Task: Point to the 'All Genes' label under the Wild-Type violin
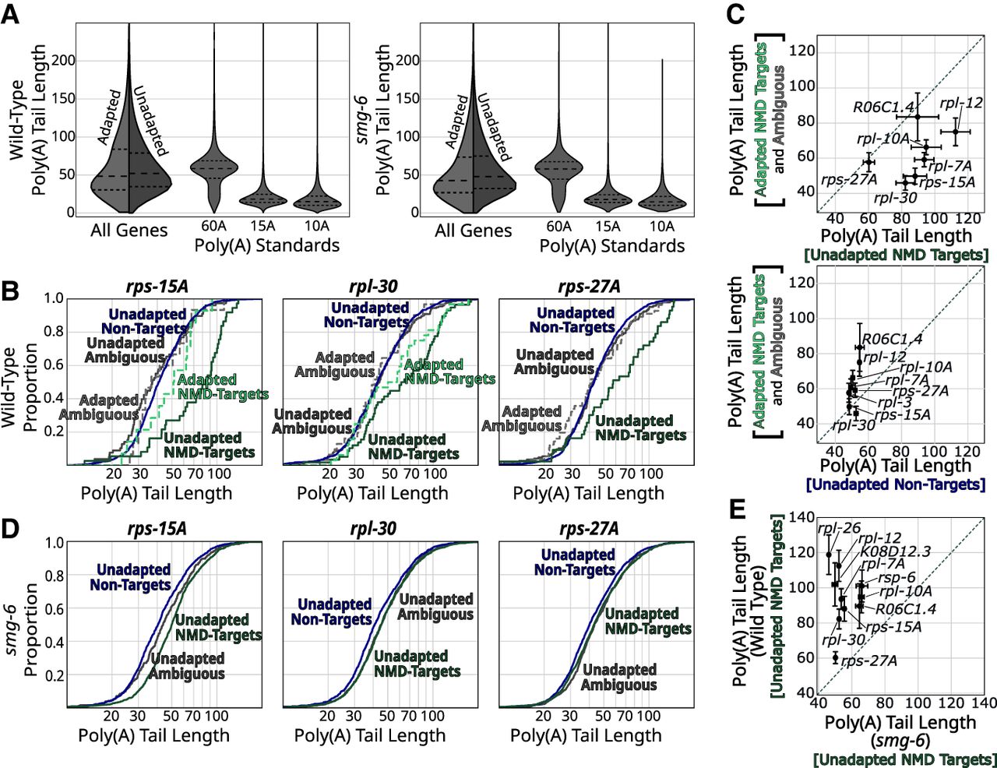(129, 230)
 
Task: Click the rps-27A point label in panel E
(869, 661)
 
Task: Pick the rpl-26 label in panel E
(833, 529)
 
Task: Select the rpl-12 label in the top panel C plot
(960, 103)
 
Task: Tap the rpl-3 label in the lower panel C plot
(894, 403)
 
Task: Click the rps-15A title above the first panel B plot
(159, 286)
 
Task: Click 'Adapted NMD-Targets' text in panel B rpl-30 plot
(449, 372)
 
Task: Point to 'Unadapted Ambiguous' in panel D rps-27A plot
(619, 677)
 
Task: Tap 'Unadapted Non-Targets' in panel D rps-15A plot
(130, 577)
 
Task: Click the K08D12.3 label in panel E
(896, 551)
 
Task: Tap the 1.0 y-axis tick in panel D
(55, 542)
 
